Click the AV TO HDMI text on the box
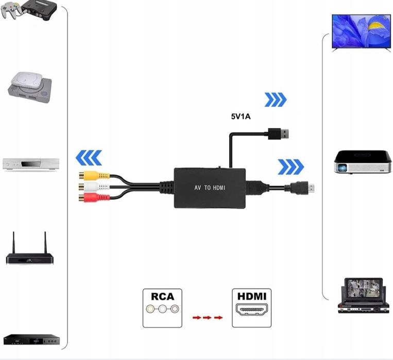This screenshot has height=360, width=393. (x=210, y=188)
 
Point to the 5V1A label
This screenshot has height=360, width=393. (x=241, y=116)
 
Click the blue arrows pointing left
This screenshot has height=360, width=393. (x=89, y=158)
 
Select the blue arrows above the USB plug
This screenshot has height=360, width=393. (x=275, y=99)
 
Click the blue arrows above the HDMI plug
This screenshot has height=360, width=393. (x=291, y=167)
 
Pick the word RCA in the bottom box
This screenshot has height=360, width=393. (x=162, y=297)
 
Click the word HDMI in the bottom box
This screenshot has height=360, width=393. (x=251, y=297)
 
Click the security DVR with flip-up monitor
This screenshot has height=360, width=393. (x=363, y=296)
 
